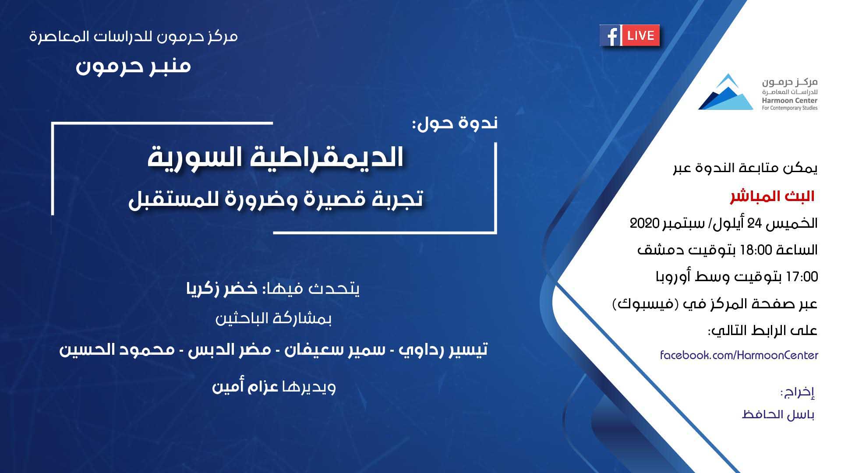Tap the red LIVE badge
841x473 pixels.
coord(640,35)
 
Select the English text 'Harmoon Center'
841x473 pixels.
coord(790,101)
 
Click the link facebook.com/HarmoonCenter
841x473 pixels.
coord(739,355)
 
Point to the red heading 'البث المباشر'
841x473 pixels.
coord(772,197)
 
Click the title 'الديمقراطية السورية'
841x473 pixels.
coord(275,158)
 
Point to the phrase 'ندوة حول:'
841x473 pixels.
coord(455,123)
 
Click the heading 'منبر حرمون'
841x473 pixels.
coord(134,66)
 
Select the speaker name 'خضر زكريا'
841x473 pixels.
coord(222,289)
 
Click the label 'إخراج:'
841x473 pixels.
coord(797,393)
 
